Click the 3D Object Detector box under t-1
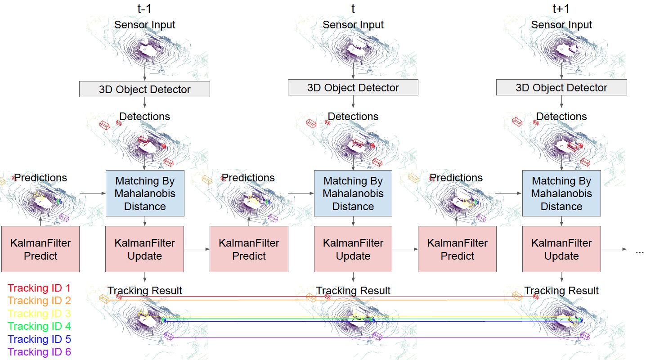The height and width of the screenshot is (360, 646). (144, 89)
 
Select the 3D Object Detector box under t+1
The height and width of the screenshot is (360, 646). (561, 88)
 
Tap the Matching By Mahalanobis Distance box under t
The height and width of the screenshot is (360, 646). (353, 193)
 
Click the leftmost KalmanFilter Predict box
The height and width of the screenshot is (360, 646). (40, 249)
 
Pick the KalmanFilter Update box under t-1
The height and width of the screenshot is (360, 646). (144, 249)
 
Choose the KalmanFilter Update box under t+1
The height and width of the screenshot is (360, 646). (561, 249)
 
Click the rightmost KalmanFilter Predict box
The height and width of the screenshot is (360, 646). (457, 249)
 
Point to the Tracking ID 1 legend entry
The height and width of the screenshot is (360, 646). (39, 288)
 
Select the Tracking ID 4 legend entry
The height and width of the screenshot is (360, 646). (39, 326)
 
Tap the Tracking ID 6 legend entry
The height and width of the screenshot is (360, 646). (39, 352)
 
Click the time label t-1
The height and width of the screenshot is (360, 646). (144, 9)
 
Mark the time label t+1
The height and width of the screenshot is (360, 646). (561, 9)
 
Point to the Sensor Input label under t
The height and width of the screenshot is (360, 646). (353, 25)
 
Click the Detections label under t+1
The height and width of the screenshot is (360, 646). (561, 117)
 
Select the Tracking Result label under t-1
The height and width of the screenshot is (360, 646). (144, 291)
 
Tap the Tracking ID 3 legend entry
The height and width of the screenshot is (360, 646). (39, 314)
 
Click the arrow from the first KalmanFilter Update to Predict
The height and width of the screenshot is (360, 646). (197, 249)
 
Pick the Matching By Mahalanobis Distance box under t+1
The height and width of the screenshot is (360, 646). (561, 193)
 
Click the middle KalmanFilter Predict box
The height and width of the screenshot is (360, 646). (249, 249)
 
